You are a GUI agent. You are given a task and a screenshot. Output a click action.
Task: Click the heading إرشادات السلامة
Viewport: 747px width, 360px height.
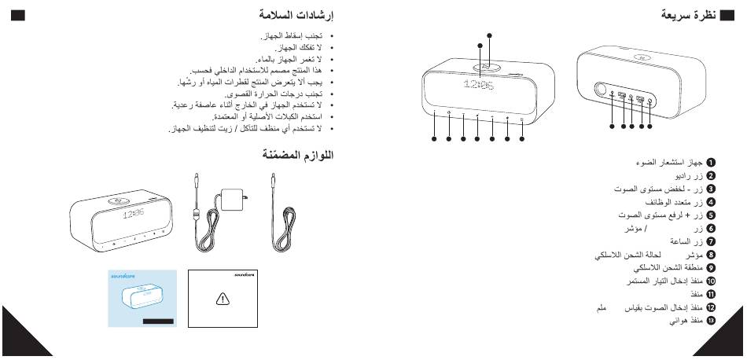tap(296, 15)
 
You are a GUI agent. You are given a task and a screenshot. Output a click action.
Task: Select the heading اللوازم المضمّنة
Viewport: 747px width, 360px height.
tap(297, 155)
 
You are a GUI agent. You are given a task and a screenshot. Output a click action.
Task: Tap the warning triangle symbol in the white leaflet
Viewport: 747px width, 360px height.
tap(223, 299)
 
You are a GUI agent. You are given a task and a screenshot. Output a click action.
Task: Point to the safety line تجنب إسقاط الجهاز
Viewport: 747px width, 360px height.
tap(293, 37)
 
